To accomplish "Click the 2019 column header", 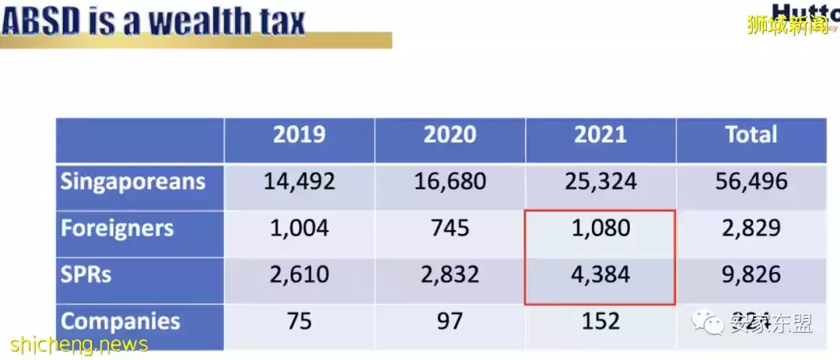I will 299,135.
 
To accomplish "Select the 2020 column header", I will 450,135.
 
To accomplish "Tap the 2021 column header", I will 600,135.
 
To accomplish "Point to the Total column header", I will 751,135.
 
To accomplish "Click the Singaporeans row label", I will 133,182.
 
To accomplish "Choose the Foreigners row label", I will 117,229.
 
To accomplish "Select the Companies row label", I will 121,321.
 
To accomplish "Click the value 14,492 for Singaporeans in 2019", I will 299,183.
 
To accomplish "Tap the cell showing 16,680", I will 450,183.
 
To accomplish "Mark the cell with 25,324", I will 600,183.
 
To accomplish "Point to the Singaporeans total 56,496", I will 751,183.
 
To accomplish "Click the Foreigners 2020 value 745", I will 450,229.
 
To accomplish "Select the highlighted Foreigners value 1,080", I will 600,229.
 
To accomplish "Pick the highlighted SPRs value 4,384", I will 600,275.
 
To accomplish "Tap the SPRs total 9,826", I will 751,275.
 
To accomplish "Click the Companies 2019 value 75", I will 299,321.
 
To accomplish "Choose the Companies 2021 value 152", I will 600,321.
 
